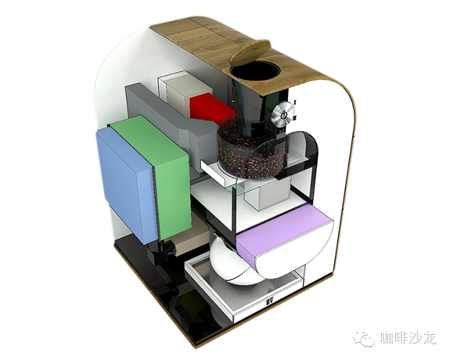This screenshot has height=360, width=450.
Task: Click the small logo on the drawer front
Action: point(269,302)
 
